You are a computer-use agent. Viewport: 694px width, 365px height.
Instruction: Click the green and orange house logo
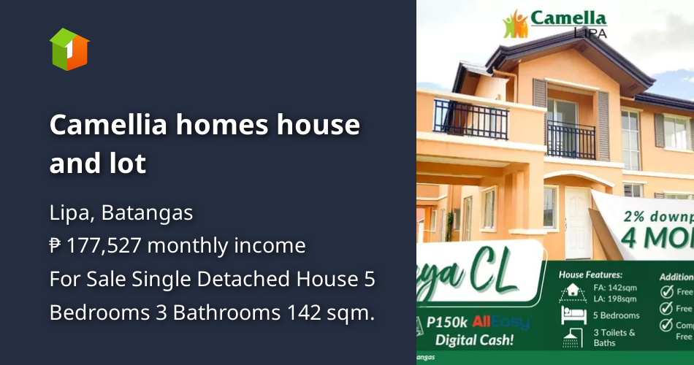click(x=69, y=49)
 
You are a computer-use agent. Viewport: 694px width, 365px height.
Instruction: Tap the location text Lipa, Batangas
click(x=121, y=212)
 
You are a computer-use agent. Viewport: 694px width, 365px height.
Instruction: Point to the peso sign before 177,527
click(x=56, y=245)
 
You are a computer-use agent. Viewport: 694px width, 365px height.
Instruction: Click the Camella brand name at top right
click(x=568, y=18)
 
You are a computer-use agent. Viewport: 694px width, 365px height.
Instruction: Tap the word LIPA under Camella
click(x=588, y=33)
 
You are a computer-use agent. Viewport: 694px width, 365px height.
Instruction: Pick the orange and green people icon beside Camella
click(x=515, y=24)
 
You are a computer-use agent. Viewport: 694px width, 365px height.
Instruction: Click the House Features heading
click(x=590, y=275)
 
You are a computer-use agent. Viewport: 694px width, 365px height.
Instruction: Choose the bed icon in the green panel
click(x=571, y=315)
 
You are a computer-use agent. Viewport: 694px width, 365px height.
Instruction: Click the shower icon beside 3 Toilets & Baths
click(x=572, y=337)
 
